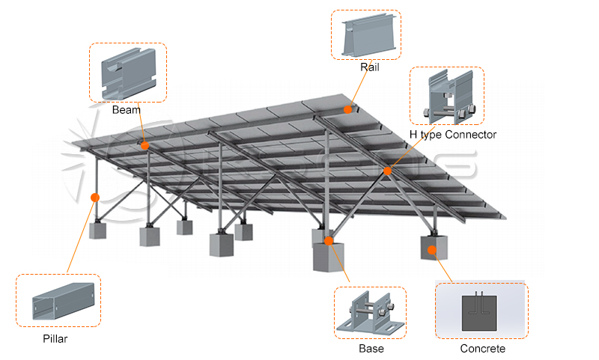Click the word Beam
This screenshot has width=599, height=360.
pos(127,110)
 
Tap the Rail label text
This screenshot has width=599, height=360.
pos(369,67)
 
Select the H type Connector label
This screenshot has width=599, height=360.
pos(452,135)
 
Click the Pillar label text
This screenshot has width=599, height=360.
pos(55,339)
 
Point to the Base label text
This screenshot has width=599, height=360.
pos(371,349)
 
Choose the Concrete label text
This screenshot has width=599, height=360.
pos(482,349)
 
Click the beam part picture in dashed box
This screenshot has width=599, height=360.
pos(128,73)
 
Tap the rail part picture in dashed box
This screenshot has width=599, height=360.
pos(365,35)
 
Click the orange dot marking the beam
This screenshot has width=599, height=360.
pos(145,145)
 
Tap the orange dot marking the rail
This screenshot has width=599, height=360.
pos(348,109)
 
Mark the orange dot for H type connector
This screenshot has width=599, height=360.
pos(388,171)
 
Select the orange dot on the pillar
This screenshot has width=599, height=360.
pos(95,198)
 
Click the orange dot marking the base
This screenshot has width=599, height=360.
pos(328,241)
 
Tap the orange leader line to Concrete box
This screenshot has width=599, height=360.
pos(443,266)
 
